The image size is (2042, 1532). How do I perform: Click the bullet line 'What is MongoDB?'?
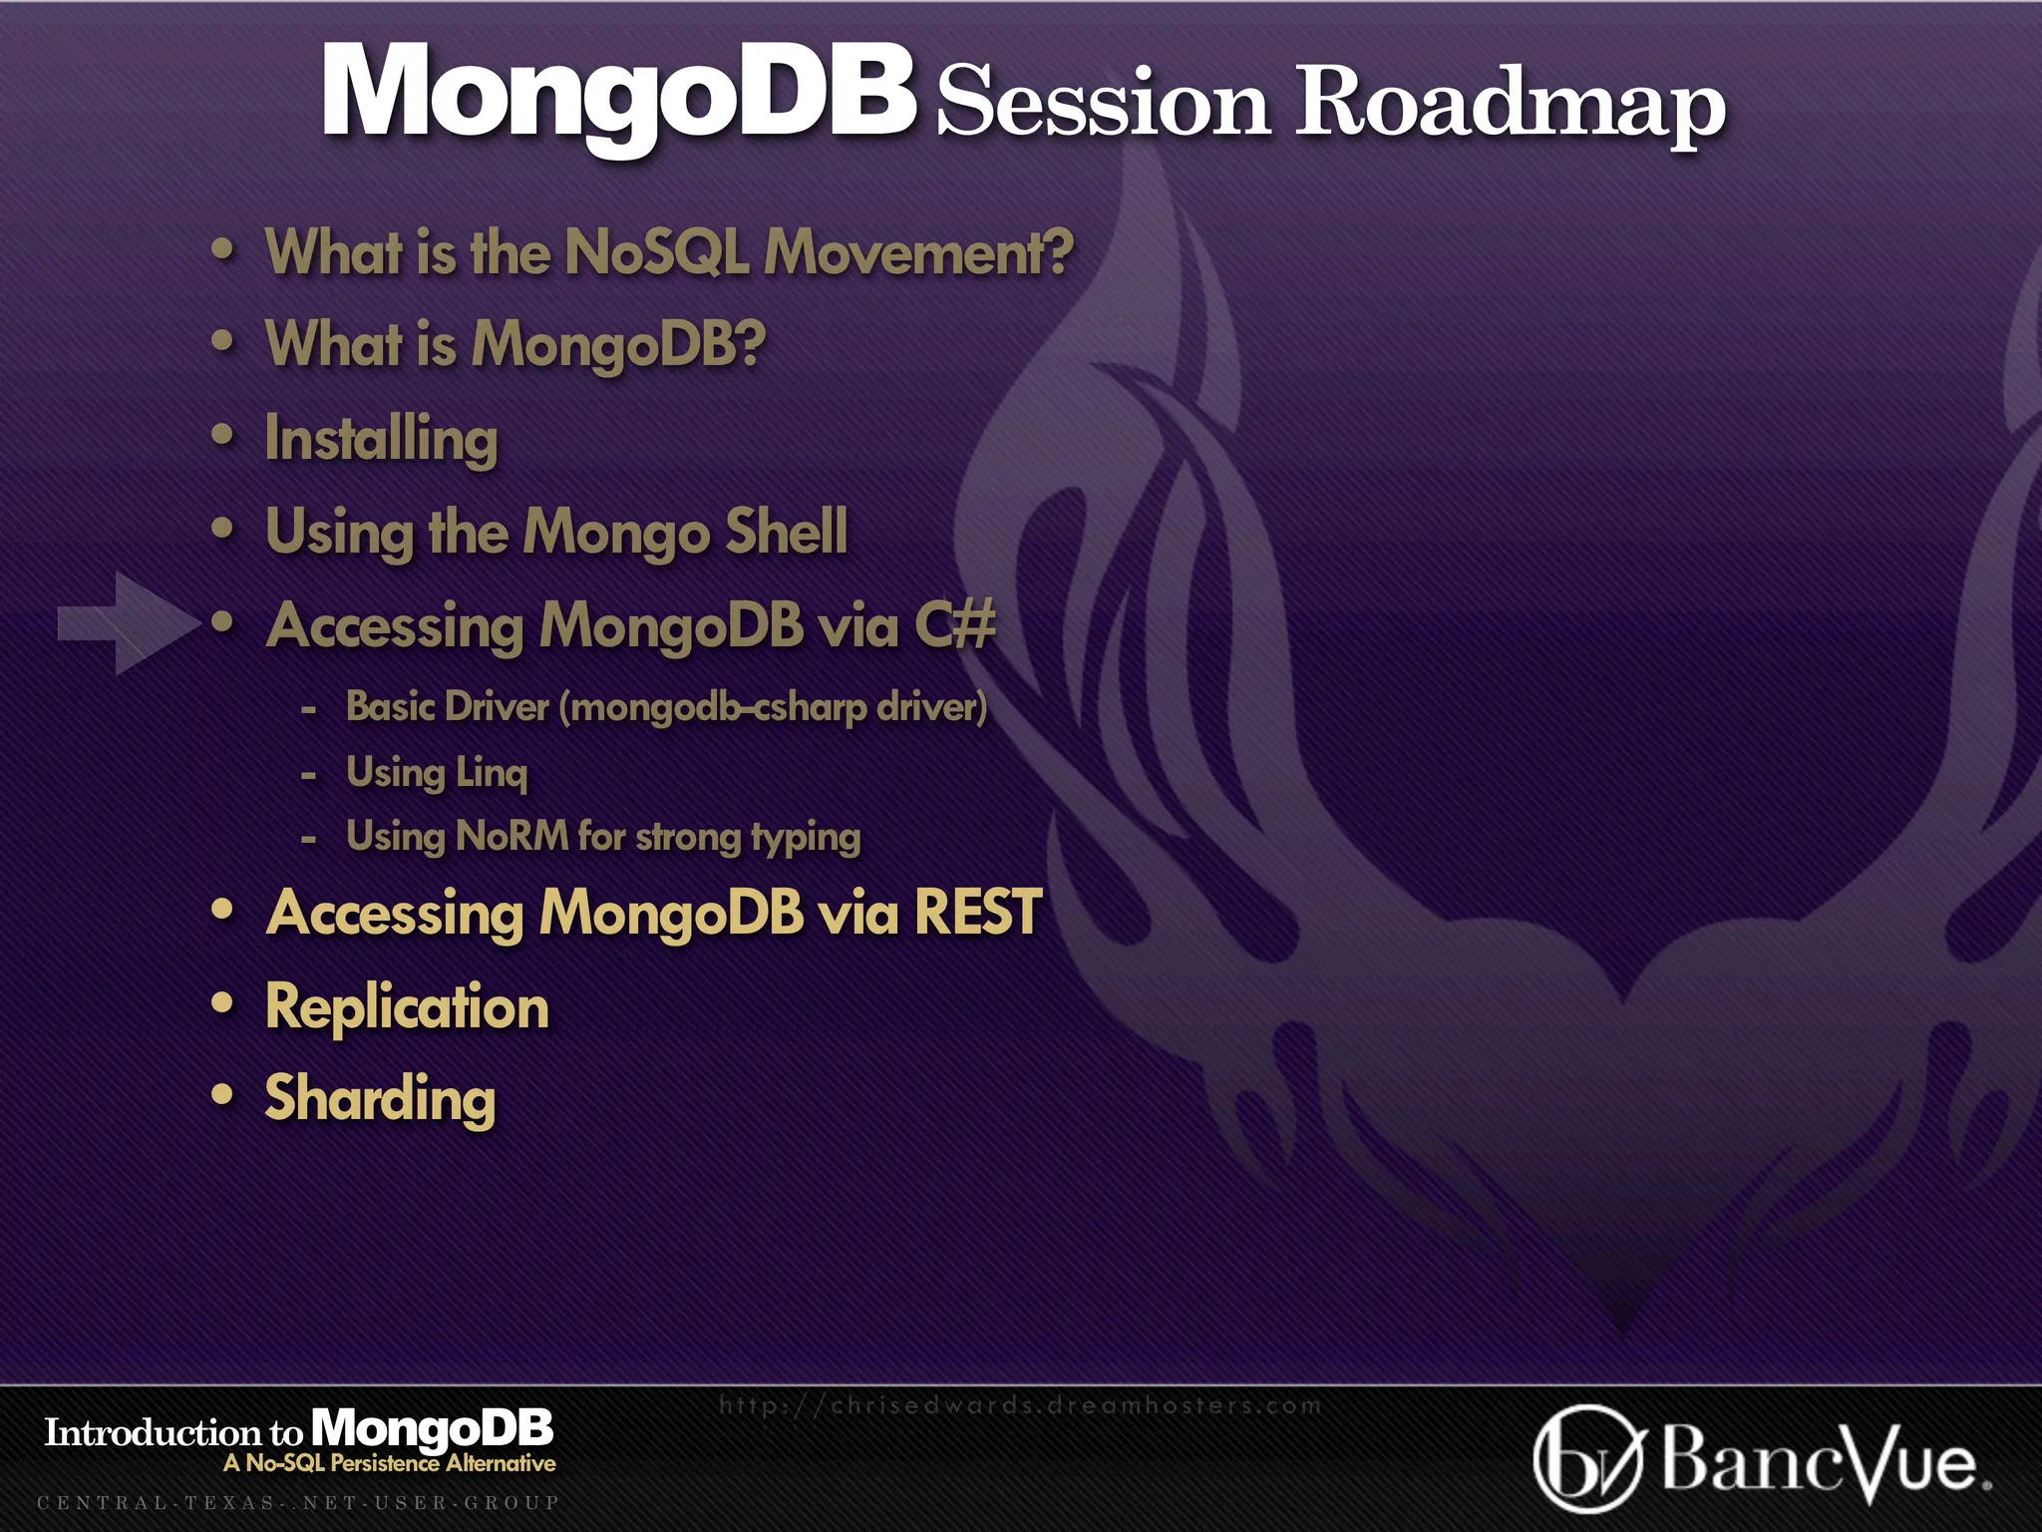point(514,344)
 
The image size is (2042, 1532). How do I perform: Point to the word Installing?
point(381,439)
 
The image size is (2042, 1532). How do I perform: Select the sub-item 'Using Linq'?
point(436,772)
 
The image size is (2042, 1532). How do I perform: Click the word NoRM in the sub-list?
point(511,836)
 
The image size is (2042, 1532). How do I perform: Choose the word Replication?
point(407,1006)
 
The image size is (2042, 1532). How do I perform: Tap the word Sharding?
point(380,1098)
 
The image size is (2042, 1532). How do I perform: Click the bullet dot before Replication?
point(222,1002)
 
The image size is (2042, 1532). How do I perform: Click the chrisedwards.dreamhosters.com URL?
point(1019,1405)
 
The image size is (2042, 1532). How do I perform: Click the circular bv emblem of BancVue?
point(1586,1458)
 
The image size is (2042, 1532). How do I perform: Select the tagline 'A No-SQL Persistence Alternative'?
point(390,1463)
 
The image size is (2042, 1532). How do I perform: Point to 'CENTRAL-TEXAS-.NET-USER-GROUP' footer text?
point(298,1502)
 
